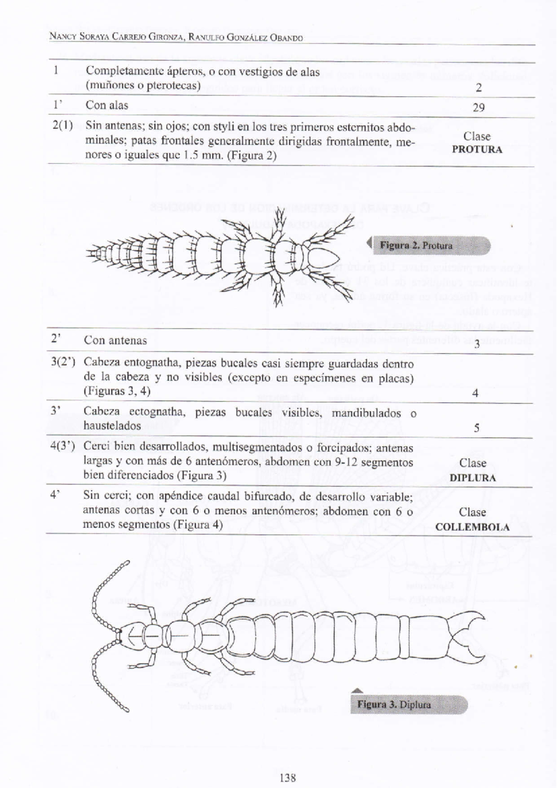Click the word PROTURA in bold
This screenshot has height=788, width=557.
point(477,150)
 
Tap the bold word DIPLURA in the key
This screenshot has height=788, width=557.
point(473,478)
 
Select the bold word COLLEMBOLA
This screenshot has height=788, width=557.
point(472,527)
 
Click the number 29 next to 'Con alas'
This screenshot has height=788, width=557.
point(479,108)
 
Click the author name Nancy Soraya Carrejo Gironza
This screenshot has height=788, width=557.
point(116,38)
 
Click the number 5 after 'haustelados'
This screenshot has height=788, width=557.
point(476,428)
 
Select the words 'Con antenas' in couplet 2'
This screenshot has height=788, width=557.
point(115,341)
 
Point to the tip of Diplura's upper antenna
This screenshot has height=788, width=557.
point(127,563)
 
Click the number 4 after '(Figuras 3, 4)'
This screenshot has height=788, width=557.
point(475,393)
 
